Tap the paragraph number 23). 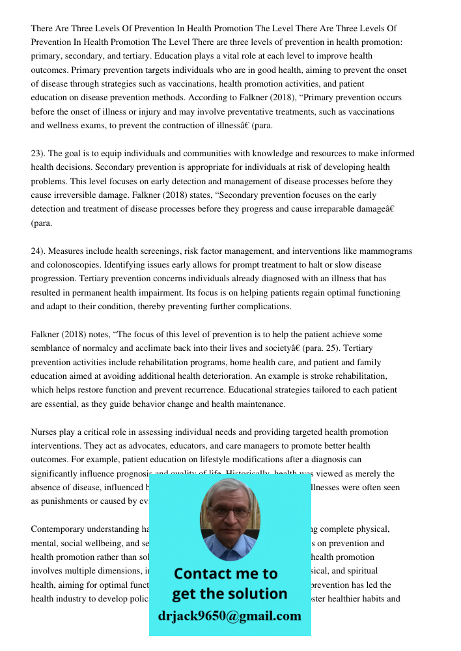(38, 154)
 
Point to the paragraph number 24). (38, 251)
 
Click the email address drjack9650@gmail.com (229, 616)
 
